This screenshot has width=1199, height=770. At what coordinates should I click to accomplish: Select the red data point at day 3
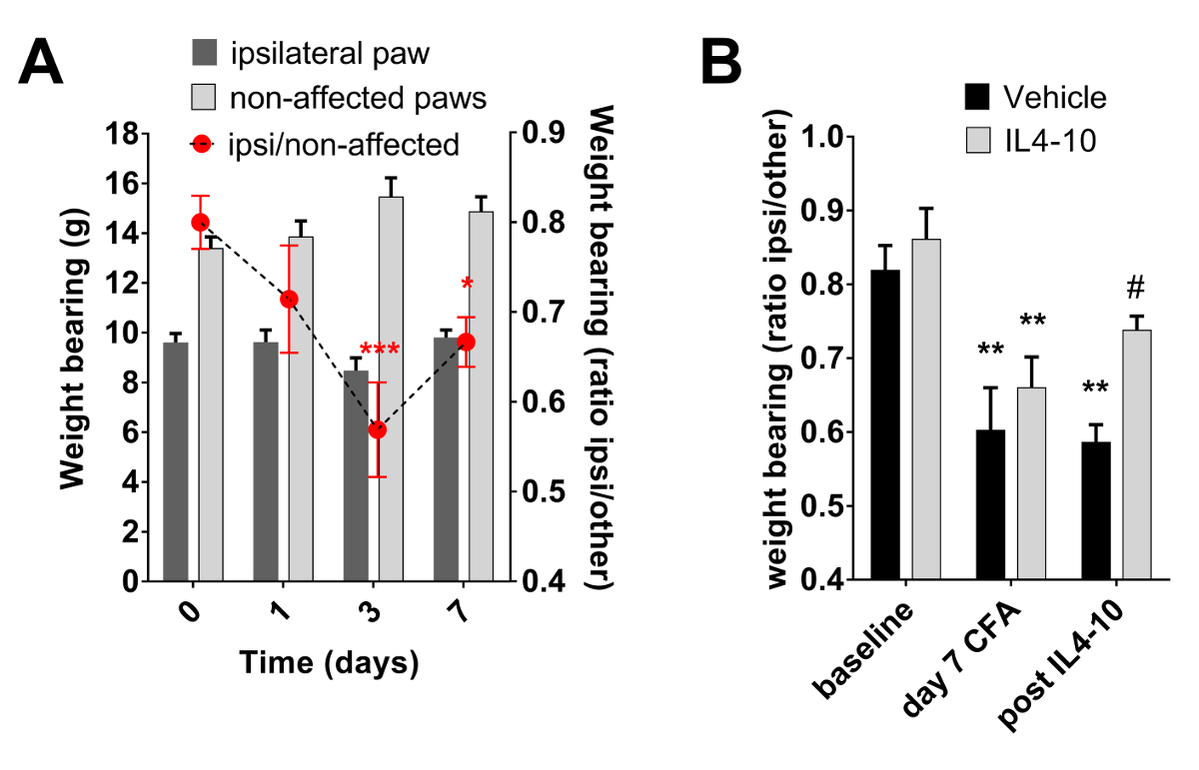coord(377,429)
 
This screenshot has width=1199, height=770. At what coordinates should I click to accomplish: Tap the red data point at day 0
coord(200,222)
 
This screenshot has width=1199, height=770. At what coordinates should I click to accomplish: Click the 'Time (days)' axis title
coord(327,662)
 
